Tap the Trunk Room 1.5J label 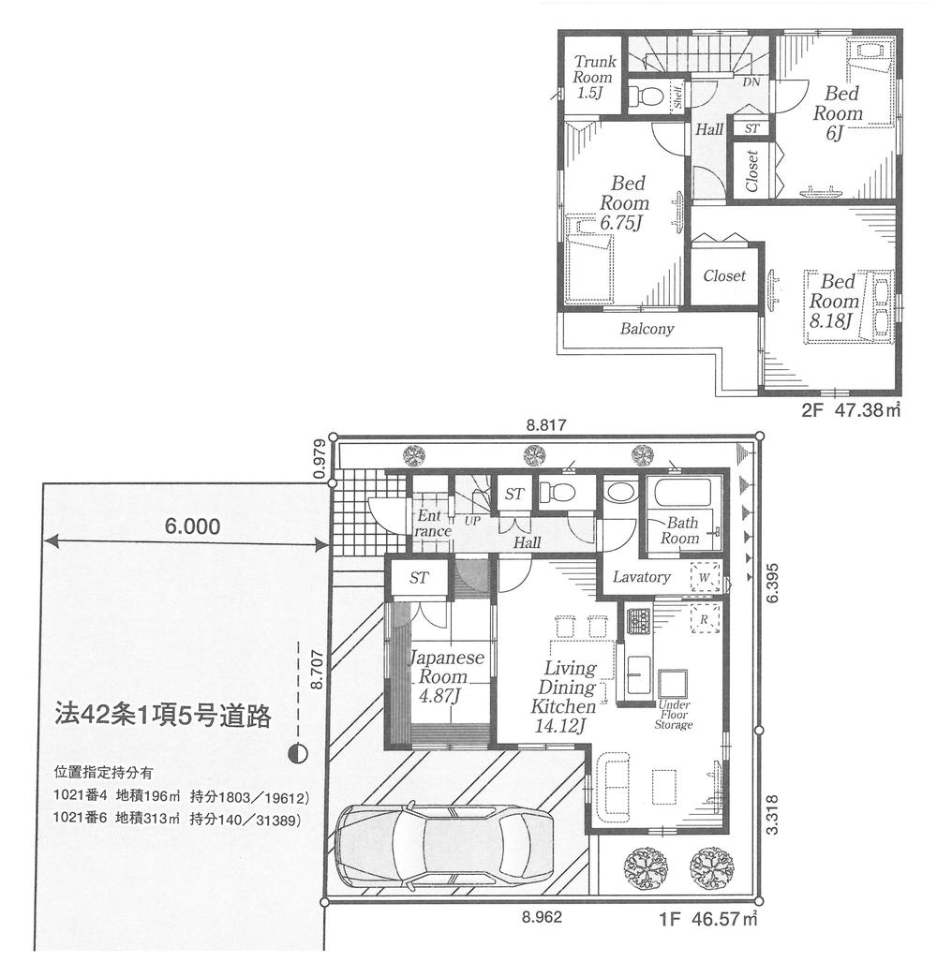594,78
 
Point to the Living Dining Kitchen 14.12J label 564,697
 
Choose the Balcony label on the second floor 647,330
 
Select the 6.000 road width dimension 193,527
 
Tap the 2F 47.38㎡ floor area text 849,409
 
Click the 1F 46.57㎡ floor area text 706,921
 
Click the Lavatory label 641,577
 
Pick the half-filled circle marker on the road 297,751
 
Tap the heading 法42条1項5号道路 162,718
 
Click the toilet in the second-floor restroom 646,96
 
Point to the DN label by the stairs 751,82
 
